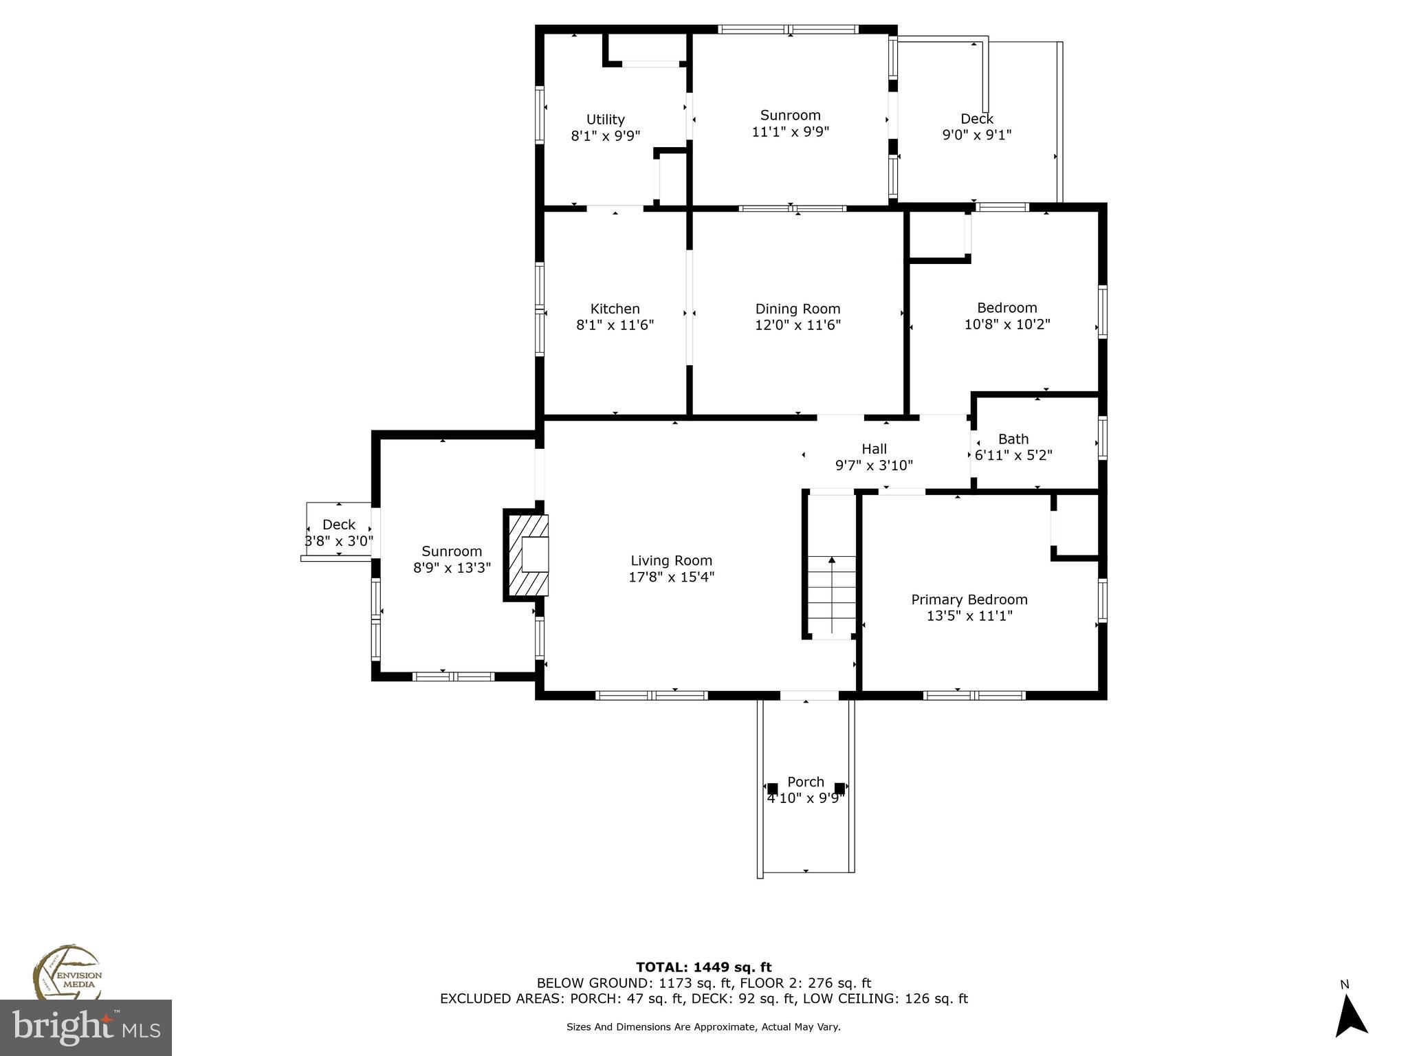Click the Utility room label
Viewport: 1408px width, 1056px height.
(605, 120)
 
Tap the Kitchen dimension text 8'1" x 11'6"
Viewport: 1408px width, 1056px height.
(615, 325)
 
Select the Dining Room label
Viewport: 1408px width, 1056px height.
(797, 309)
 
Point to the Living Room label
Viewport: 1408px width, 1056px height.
(671, 561)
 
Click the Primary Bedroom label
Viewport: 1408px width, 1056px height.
(969, 599)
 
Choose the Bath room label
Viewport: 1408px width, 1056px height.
(1013, 439)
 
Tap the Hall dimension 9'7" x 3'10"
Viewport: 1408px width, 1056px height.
(874, 465)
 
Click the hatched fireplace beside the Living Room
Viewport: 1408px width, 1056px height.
(528, 555)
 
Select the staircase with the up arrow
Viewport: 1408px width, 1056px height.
(832, 595)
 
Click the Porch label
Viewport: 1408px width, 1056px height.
(805, 782)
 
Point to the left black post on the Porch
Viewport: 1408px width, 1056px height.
(772, 789)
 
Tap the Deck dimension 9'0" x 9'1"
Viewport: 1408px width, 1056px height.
(976, 135)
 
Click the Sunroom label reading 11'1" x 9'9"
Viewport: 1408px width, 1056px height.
(790, 115)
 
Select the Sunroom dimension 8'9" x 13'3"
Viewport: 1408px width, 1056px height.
(452, 568)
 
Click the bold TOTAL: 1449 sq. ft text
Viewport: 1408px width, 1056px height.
(703, 967)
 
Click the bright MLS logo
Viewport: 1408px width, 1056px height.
(86, 1027)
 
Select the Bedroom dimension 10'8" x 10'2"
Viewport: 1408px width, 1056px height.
(1006, 324)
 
